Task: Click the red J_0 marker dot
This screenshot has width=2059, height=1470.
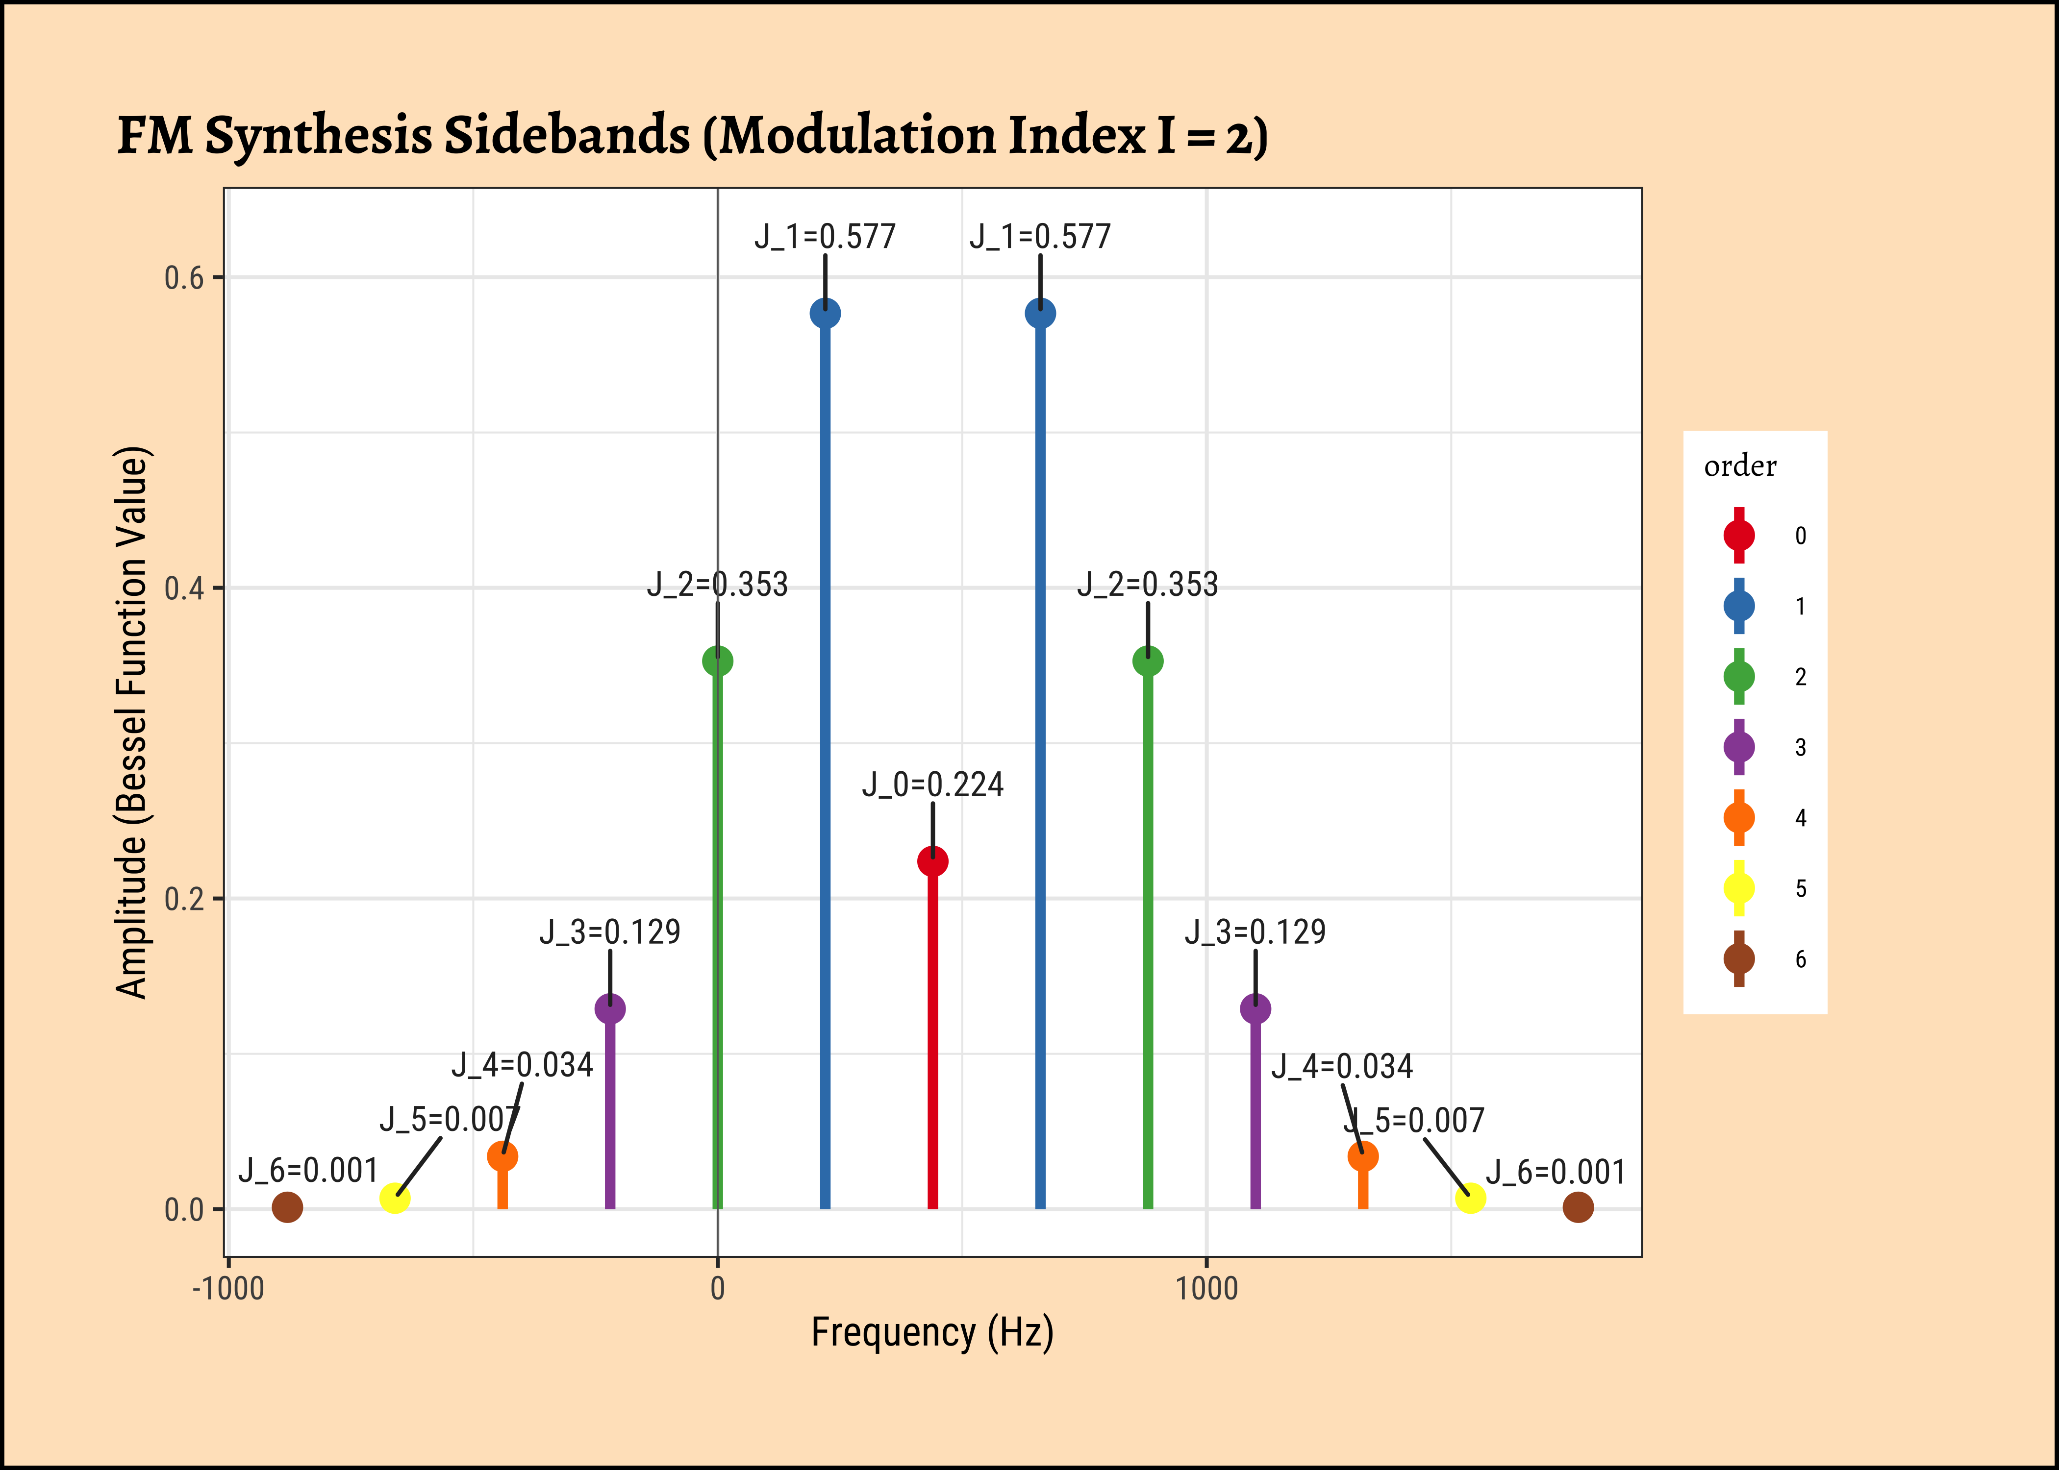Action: (x=932, y=861)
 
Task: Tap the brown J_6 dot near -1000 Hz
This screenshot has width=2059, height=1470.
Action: (x=287, y=1206)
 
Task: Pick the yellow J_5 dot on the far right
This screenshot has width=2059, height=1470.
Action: (x=1470, y=1198)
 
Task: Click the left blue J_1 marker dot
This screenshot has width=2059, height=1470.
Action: (x=825, y=313)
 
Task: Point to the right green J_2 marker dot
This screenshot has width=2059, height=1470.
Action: (x=1148, y=661)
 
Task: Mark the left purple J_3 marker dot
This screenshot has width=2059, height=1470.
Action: (x=610, y=1008)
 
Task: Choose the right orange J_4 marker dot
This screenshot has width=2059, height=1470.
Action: (x=1363, y=1156)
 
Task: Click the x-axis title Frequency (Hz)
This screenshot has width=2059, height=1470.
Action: (x=932, y=1332)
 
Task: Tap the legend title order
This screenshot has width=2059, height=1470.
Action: (x=1739, y=466)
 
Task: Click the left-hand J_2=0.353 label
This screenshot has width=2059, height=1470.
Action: (x=717, y=585)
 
